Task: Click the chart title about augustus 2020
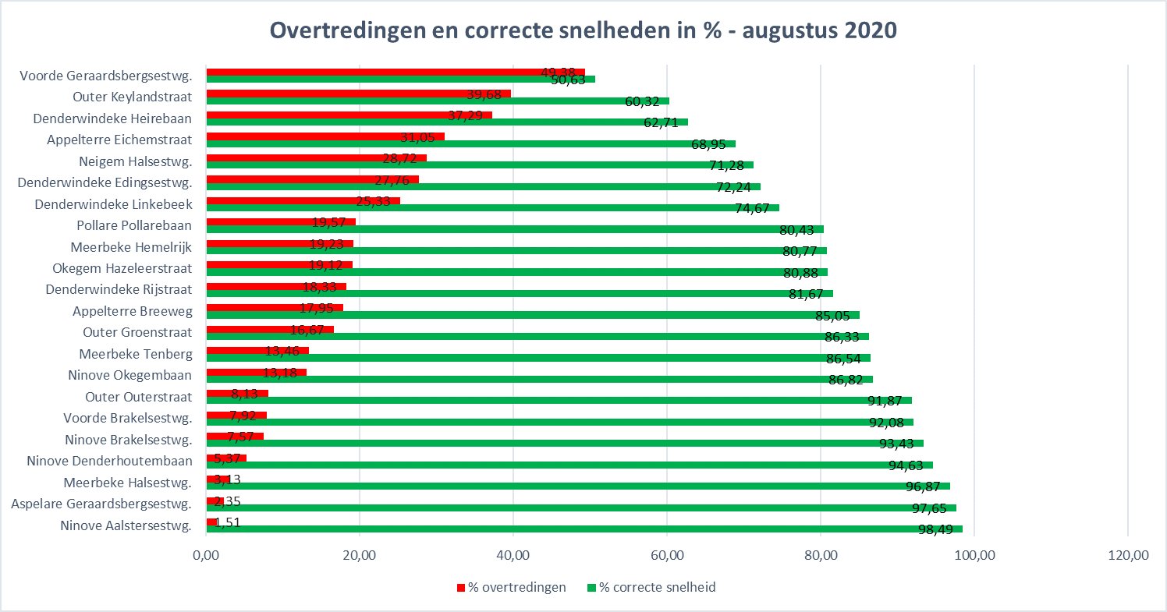(x=583, y=31)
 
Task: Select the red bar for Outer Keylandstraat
(x=358, y=94)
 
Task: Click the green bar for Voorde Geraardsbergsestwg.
(x=400, y=79)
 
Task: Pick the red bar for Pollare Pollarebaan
(x=281, y=222)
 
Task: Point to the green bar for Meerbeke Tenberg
(x=538, y=358)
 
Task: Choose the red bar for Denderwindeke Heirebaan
(x=349, y=115)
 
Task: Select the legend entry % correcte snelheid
(x=651, y=587)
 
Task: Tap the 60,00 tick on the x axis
(x=667, y=556)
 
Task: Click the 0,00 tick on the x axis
(x=206, y=556)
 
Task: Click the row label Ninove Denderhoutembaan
(x=109, y=461)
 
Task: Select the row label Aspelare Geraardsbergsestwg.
(x=101, y=504)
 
